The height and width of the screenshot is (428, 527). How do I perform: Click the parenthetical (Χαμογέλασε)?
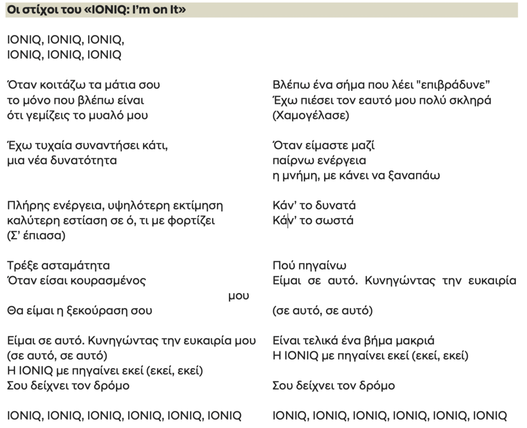point(310,115)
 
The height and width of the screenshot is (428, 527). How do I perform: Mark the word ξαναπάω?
point(419,175)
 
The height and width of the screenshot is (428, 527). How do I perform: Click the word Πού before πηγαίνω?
point(283,266)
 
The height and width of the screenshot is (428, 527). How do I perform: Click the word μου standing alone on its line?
point(239,296)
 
